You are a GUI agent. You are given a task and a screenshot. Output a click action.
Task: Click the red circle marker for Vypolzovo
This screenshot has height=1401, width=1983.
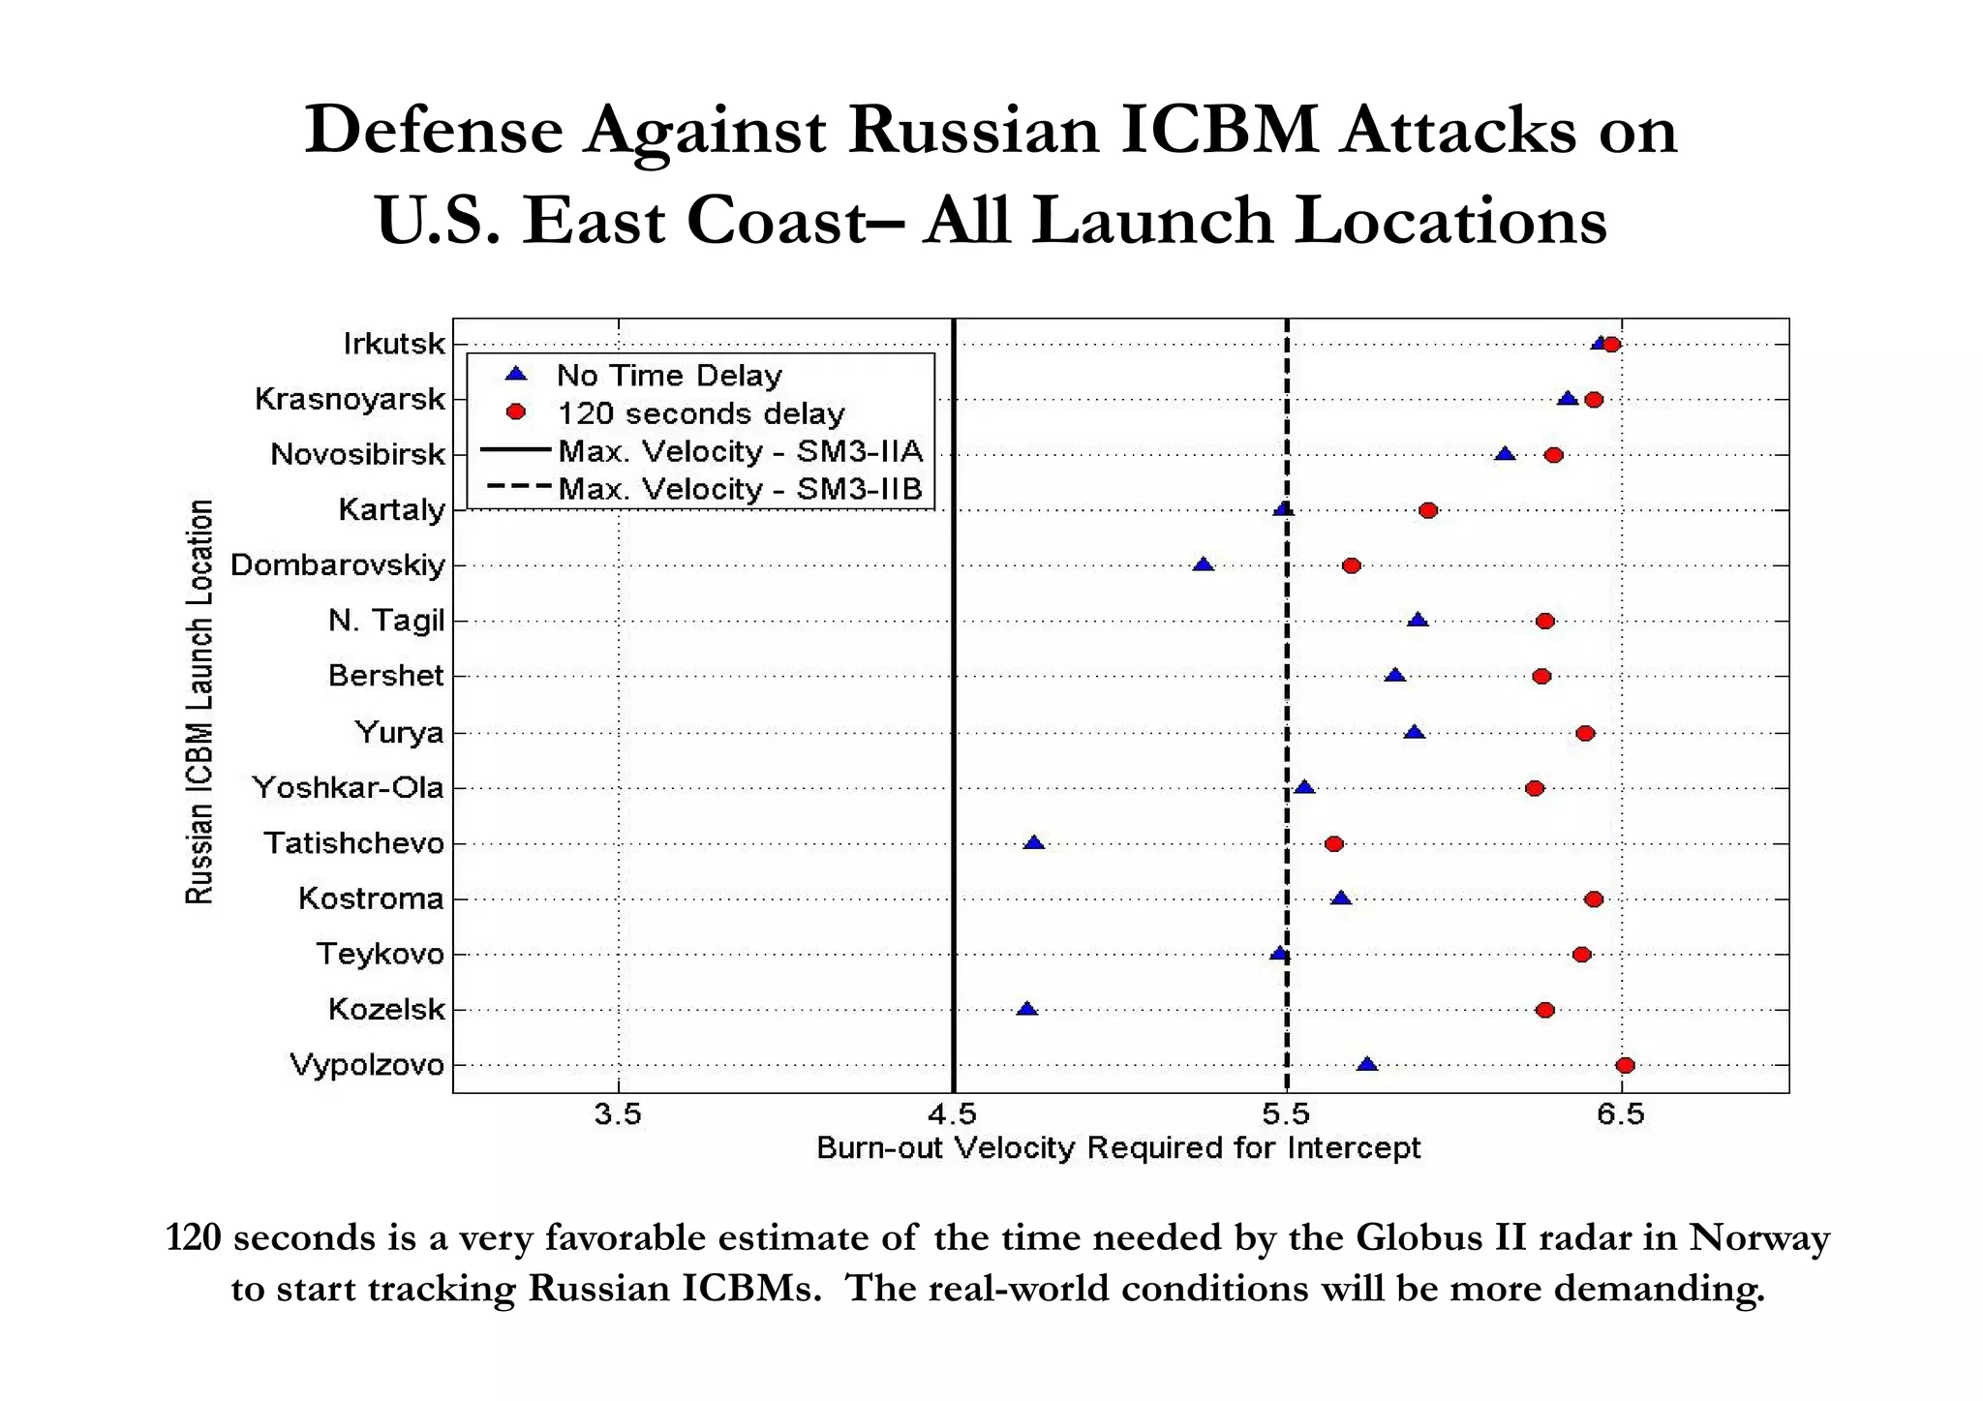[1625, 1065]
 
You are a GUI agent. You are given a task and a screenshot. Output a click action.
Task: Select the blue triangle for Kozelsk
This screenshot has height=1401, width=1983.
[1026, 1009]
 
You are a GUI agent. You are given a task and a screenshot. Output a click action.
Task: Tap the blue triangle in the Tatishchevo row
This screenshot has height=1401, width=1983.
[1034, 843]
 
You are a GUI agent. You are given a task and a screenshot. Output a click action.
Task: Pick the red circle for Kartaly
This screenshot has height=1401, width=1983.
[1427, 510]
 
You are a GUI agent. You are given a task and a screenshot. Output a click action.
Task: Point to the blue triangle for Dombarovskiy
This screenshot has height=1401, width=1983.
[1203, 564]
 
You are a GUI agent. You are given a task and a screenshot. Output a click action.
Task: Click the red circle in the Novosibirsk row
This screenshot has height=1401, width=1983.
[1553, 455]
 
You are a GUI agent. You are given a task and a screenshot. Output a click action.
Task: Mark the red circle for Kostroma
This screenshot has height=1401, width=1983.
[1594, 899]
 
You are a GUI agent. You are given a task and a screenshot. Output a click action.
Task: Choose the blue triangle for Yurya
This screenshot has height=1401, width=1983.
[1415, 732]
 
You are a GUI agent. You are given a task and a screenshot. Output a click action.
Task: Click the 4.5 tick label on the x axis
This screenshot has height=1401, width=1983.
[953, 1115]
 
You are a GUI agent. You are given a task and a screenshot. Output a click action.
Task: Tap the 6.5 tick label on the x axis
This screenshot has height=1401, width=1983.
[1621, 1115]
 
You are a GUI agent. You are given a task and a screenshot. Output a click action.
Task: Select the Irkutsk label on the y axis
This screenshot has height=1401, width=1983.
[394, 344]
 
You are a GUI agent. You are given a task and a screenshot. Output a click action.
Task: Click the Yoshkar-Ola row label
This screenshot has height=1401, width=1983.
[348, 788]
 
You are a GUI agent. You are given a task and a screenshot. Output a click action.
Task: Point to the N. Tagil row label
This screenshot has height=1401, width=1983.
[385, 621]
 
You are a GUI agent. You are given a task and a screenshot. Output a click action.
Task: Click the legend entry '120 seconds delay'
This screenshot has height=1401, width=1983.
[700, 413]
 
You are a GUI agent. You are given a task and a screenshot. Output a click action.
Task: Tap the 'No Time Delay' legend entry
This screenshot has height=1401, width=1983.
[669, 376]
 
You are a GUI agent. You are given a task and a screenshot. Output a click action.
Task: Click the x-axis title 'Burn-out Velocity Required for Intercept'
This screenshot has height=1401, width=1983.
[1118, 1148]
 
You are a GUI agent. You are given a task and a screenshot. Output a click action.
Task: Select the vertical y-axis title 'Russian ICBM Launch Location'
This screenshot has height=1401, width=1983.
[199, 702]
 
